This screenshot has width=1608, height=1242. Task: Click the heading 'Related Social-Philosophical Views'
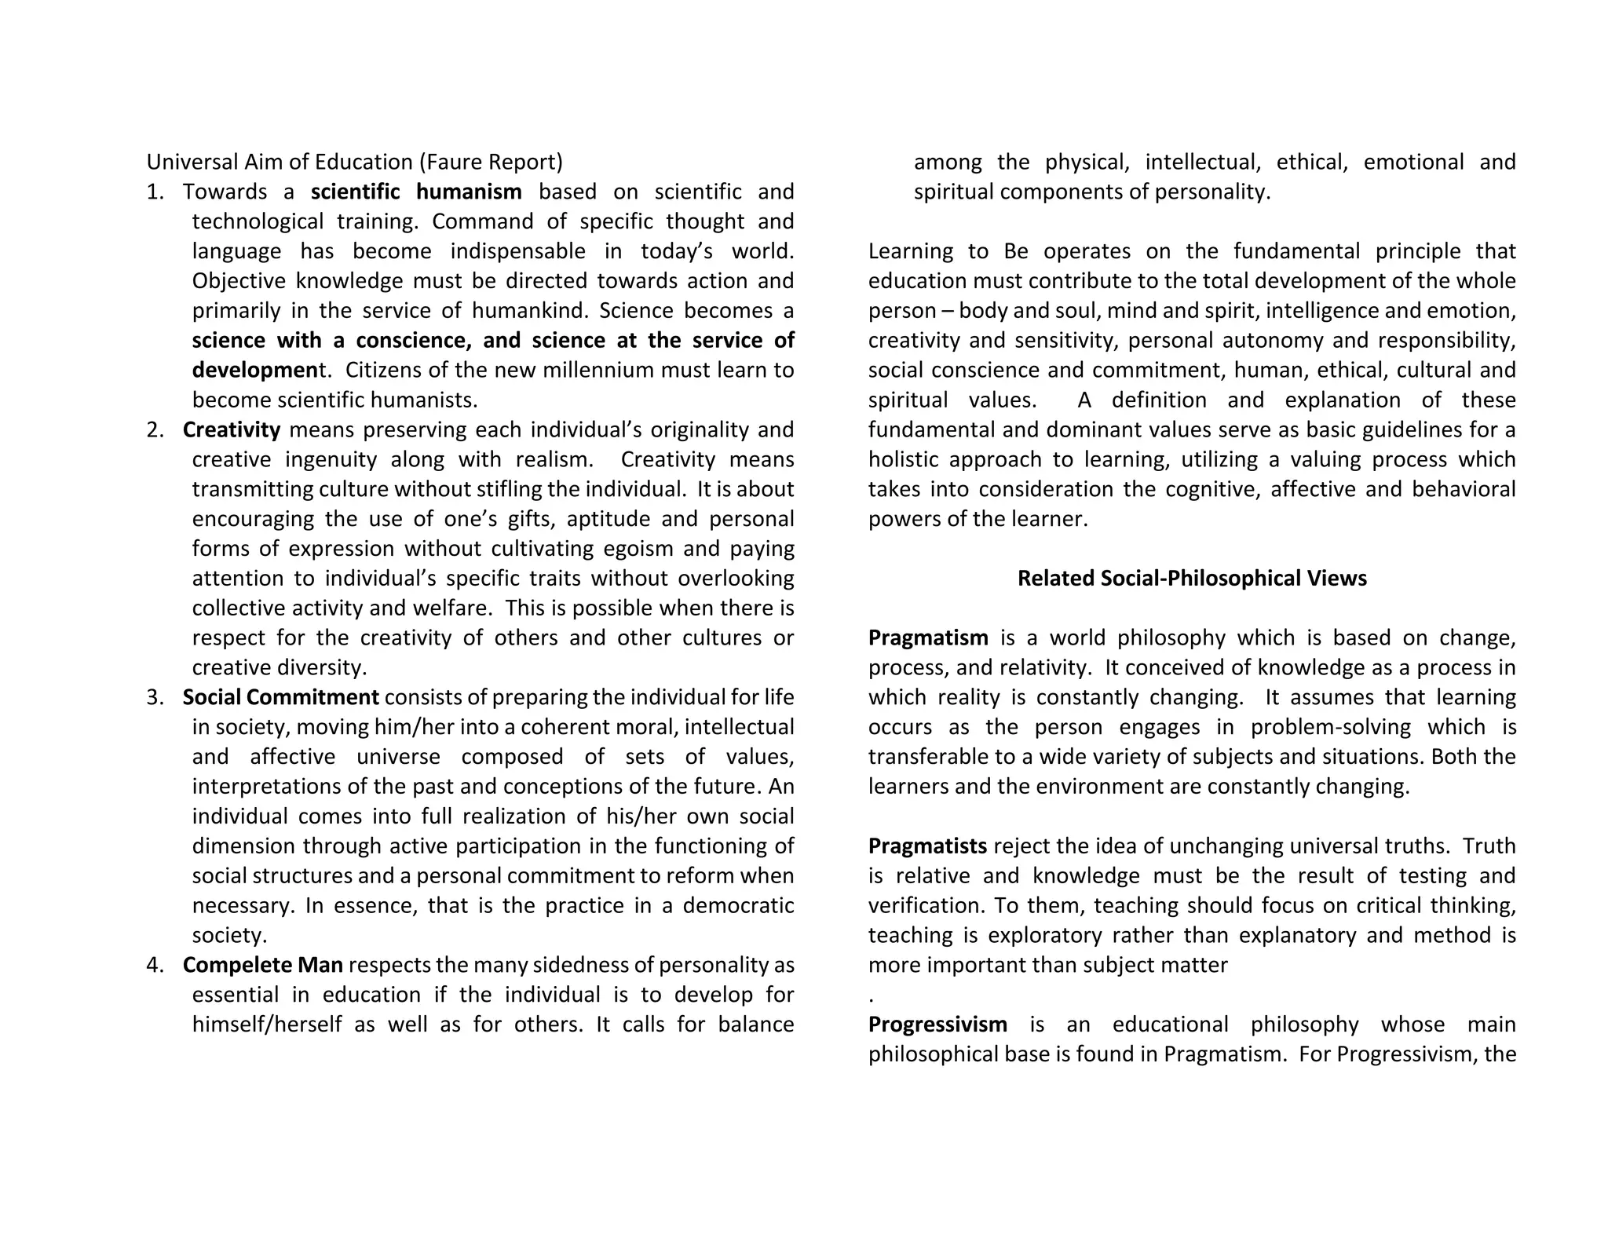pos(1192,579)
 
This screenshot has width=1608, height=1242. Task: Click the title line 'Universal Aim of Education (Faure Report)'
pos(355,163)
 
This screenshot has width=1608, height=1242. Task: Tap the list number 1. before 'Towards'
pos(155,192)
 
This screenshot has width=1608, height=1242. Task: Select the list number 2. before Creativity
pos(155,430)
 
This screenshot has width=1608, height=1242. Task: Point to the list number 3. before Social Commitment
pos(155,698)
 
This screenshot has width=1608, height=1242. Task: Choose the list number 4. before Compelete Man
pos(155,966)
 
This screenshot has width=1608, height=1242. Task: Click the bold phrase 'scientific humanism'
pos(416,192)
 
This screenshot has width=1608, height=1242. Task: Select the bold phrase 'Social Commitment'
pos(281,698)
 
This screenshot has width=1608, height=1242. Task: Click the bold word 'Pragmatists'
pos(927,846)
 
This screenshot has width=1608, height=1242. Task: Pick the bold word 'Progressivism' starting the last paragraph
pos(937,1025)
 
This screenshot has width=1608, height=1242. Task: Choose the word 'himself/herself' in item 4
pos(267,1025)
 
